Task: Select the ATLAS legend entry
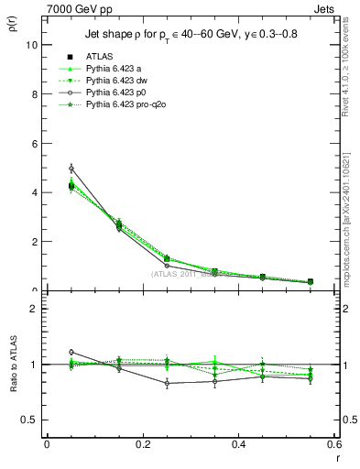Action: point(99,56)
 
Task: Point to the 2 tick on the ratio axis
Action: point(34,309)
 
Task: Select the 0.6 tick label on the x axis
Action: point(335,444)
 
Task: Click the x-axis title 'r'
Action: point(337,458)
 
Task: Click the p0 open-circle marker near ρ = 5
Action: point(71,168)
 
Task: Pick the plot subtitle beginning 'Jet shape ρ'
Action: point(191,34)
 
